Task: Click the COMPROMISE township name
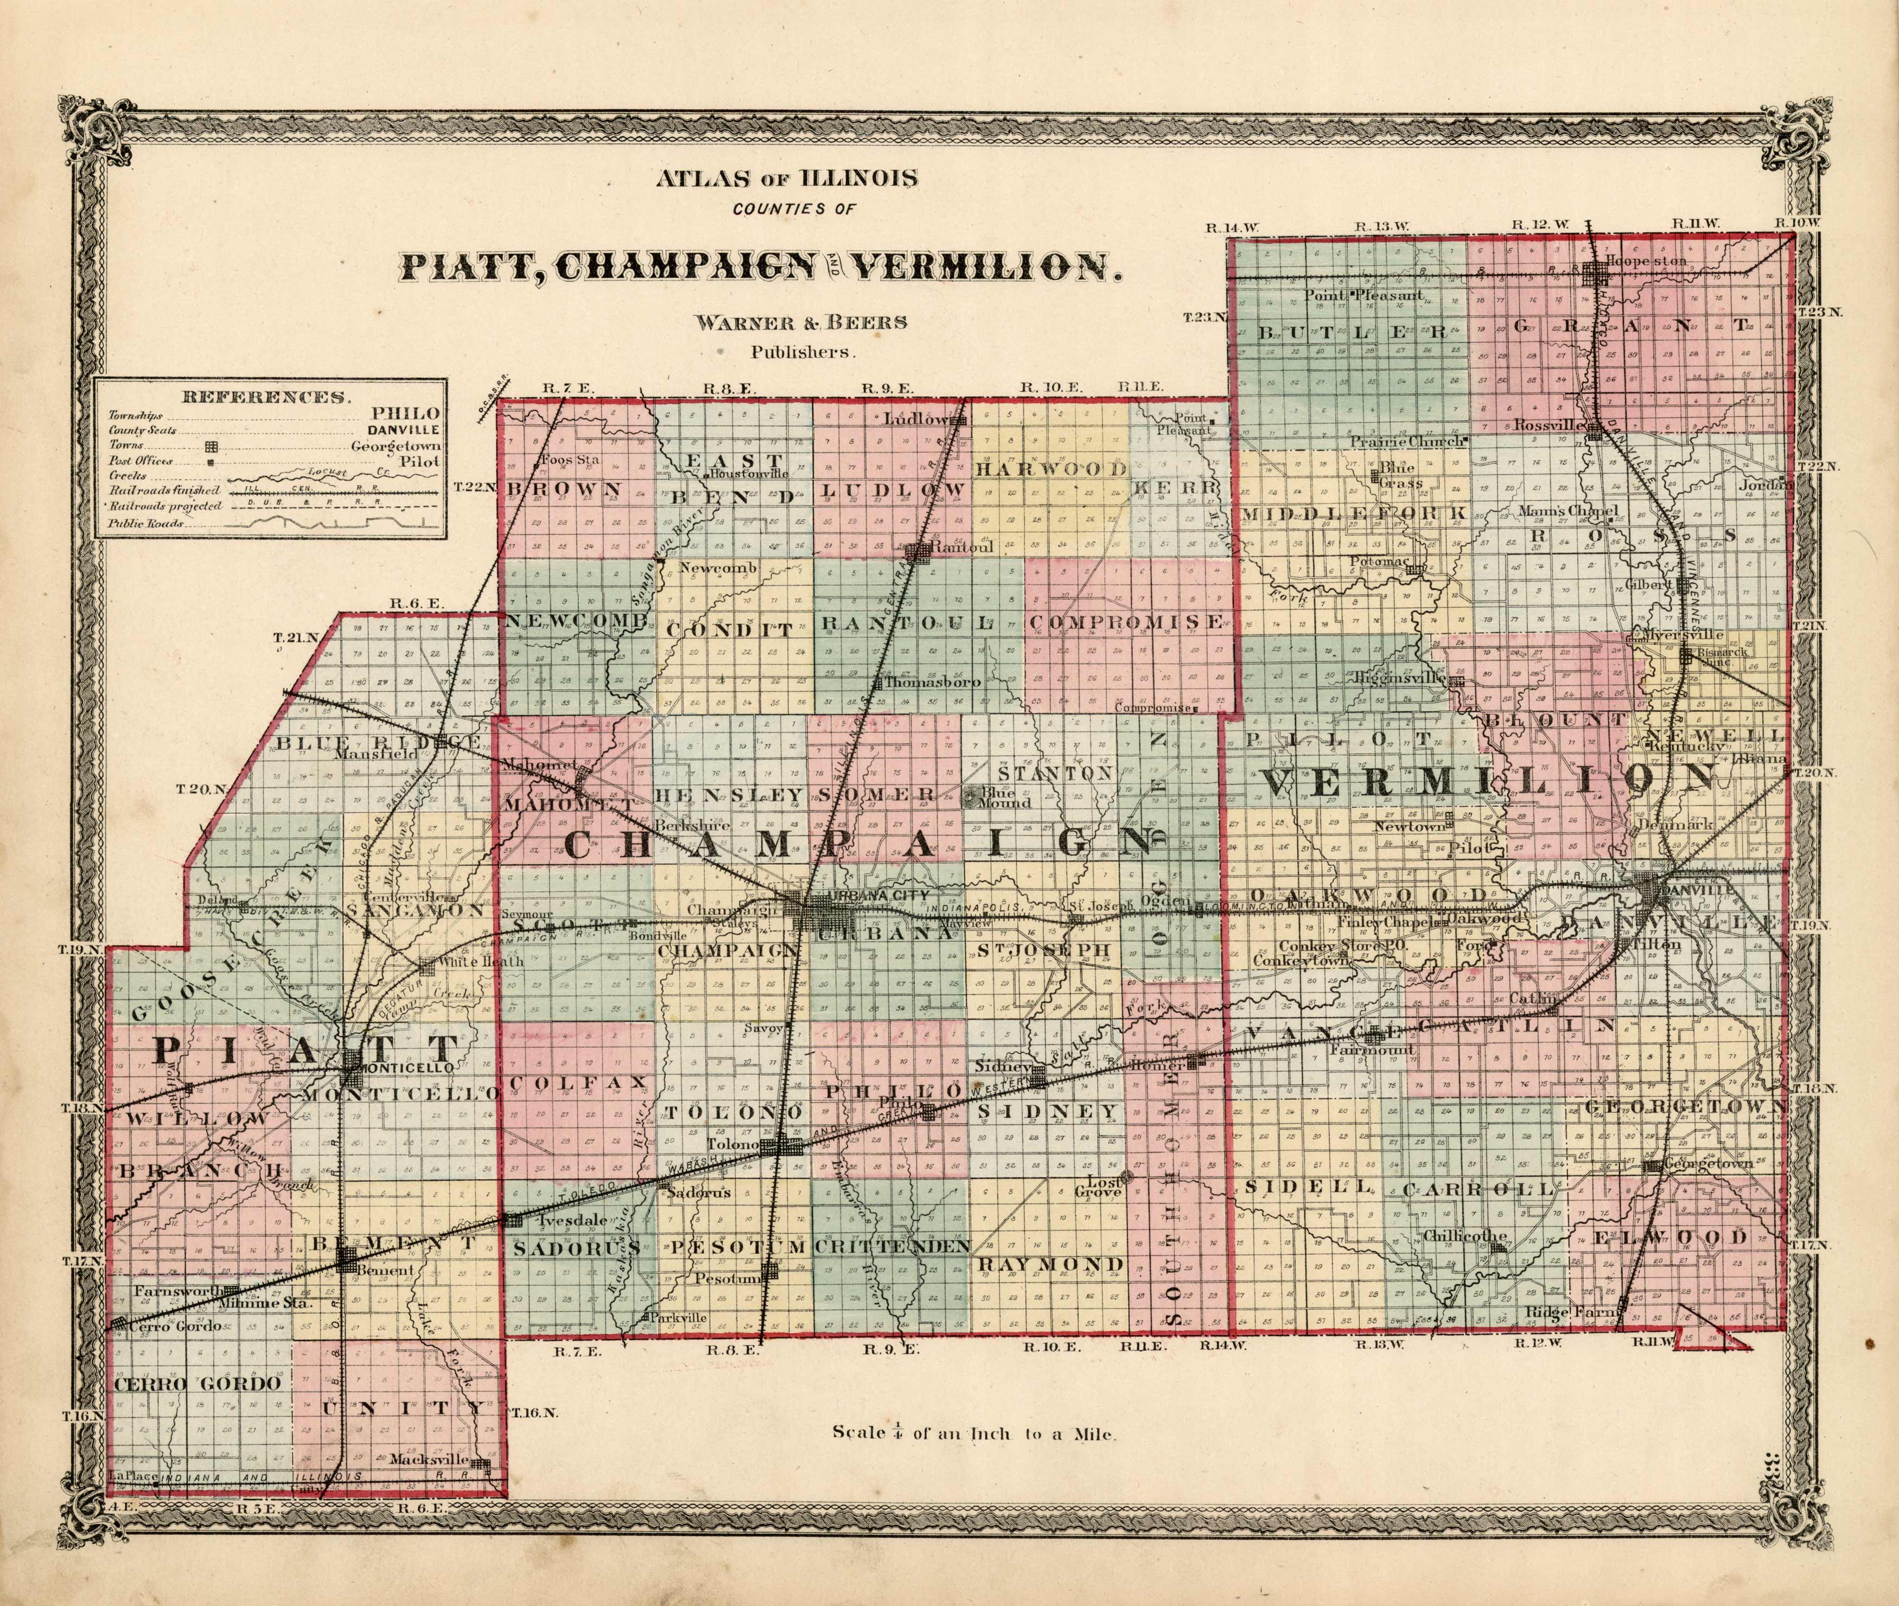click(x=1126, y=623)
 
